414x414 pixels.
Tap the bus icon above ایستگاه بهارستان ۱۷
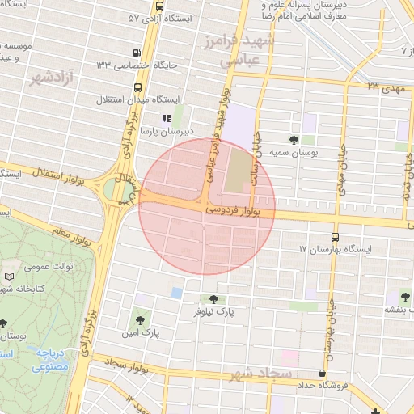(x=335, y=238)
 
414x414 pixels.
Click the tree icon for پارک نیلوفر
(x=213, y=299)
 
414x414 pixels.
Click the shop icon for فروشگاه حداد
(x=323, y=374)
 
